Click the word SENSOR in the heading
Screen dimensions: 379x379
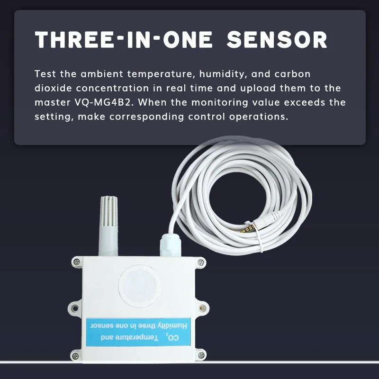pos(277,39)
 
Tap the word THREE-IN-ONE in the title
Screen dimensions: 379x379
pos(124,39)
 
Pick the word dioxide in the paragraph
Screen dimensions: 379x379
pos(53,88)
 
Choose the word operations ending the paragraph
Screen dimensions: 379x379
pos(259,117)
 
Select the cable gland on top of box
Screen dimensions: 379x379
pos(170,244)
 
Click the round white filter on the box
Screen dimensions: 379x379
pos(139,286)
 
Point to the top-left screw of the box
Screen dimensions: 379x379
pos(77,262)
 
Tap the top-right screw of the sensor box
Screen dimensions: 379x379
pos(200,262)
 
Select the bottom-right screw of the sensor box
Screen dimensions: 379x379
pos(200,355)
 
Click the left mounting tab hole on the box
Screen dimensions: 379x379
pos(75,308)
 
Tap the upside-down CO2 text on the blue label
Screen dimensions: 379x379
pos(172,337)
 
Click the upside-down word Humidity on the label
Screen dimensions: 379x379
pos(172,325)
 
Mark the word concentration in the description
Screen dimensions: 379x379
pos(112,88)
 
